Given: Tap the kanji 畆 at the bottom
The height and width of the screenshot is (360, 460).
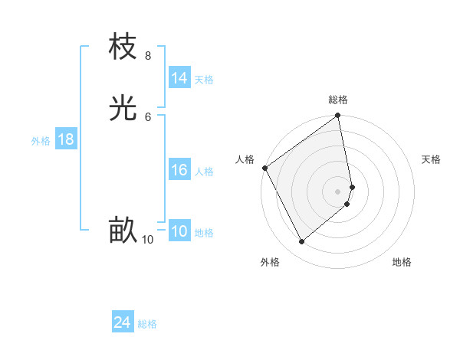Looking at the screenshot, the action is pyautogui.click(x=123, y=230).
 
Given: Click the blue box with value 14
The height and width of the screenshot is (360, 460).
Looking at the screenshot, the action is pyautogui.click(x=179, y=78).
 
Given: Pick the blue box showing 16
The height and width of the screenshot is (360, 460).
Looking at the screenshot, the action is pyautogui.click(x=179, y=170).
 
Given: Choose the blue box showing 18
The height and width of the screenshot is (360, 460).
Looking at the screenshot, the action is pyautogui.click(x=66, y=139).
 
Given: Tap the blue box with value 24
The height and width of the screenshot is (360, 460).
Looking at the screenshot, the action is pyautogui.click(x=123, y=323).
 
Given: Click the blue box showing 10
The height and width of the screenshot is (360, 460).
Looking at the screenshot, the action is pyautogui.click(x=179, y=231).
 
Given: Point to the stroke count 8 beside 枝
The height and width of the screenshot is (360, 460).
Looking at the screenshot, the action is pyautogui.click(x=147, y=56).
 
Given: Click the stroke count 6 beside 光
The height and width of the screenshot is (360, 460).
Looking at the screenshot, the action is pyautogui.click(x=147, y=116).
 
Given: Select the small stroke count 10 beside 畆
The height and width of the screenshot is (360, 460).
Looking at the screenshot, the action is pyautogui.click(x=148, y=240).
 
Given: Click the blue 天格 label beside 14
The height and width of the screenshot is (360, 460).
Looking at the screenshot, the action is pyautogui.click(x=204, y=80).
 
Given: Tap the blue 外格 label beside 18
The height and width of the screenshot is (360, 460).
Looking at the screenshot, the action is pyautogui.click(x=41, y=141).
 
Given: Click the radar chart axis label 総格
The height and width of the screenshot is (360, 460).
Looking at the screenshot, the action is pyautogui.click(x=338, y=100).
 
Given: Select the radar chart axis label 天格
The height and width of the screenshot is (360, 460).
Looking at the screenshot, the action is pyautogui.click(x=431, y=159).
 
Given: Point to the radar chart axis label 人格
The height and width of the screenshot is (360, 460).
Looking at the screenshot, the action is pyautogui.click(x=245, y=159).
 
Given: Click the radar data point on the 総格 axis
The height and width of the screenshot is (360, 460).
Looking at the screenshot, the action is pyautogui.click(x=338, y=116).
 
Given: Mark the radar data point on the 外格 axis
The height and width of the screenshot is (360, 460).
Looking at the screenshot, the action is pyautogui.click(x=301, y=242).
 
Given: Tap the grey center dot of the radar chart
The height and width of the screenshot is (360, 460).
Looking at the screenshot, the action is pyautogui.click(x=338, y=191).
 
